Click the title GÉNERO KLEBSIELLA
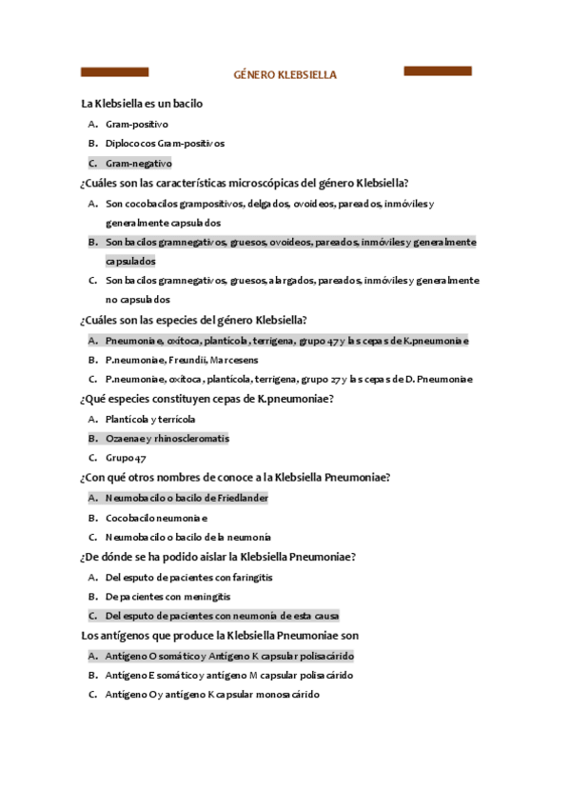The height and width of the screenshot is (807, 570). (x=285, y=74)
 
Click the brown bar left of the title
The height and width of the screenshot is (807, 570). (x=114, y=72)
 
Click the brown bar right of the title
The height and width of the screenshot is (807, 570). (x=439, y=71)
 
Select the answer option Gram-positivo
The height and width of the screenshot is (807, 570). (x=137, y=124)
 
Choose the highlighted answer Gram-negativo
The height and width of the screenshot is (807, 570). (x=138, y=164)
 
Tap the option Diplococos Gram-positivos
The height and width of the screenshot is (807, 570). (x=165, y=144)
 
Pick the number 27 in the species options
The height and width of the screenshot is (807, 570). (x=335, y=380)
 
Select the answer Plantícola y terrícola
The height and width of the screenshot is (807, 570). (x=150, y=419)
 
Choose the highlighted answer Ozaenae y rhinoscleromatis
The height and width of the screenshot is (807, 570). (x=167, y=439)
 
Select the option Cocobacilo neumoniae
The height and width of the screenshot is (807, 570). (x=156, y=518)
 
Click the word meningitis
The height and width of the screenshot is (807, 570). (x=208, y=597)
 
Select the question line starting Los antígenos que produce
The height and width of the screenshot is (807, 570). (x=219, y=635)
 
